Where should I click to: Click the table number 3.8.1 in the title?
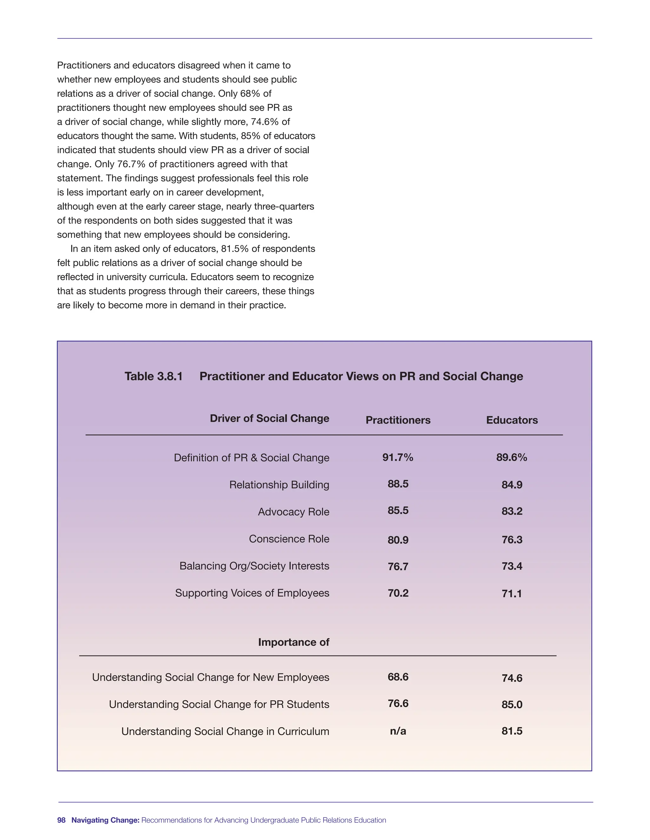[x=153, y=376]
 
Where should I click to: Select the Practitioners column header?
[x=398, y=420]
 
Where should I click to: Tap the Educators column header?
[x=512, y=420]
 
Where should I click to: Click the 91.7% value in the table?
[x=398, y=457]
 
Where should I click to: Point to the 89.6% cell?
[x=512, y=457]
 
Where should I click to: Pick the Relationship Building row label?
[x=279, y=485]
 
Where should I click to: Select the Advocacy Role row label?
[x=294, y=512]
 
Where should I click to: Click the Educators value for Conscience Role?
[x=512, y=540]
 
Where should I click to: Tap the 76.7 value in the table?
[x=398, y=566]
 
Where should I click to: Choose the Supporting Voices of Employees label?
[x=252, y=593]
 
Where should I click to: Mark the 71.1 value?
[x=512, y=594]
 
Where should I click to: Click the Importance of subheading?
[x=294, y=642]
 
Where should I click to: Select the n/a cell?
[x=398, y=731]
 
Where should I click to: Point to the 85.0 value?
[x=512, y=705]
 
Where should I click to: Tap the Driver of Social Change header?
[x=269, y=418]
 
